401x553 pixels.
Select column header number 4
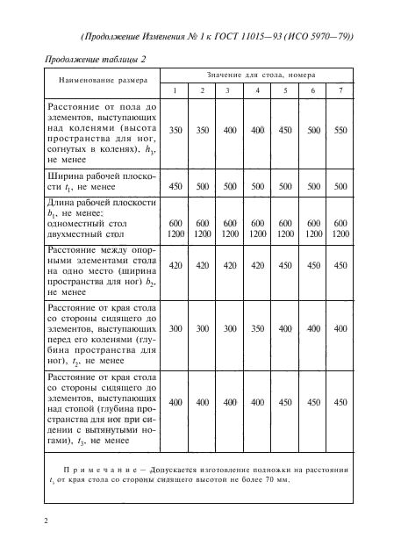tap(257, 90)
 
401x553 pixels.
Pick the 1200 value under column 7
tap(340, 235)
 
